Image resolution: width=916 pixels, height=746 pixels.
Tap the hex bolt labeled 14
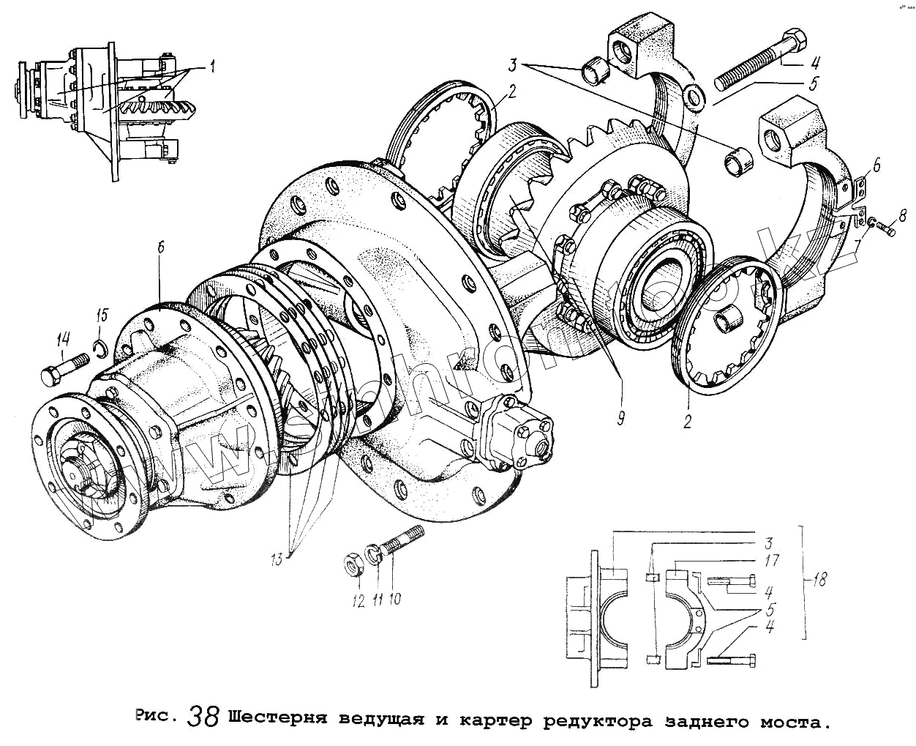point(63,368)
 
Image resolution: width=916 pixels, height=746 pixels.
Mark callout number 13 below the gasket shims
point(277,560)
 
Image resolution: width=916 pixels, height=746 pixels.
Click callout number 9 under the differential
point(620,418)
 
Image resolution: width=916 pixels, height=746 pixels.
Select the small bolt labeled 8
point(885,231)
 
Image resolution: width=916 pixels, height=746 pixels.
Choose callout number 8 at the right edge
point(903,215)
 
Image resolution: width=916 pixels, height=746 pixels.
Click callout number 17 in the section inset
point(771,560)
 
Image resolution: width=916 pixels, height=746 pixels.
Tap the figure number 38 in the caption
point(203,716)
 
